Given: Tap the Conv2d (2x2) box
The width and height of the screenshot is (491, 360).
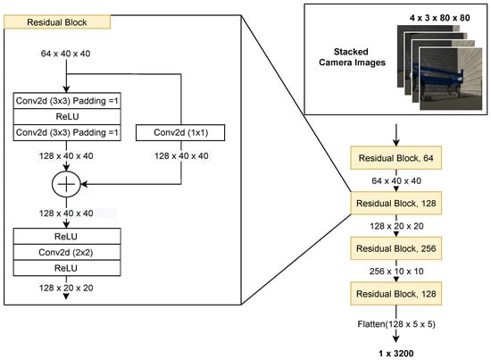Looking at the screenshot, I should click(66, 252).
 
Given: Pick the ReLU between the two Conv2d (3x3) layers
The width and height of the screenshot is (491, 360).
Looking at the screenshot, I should click(66, 116).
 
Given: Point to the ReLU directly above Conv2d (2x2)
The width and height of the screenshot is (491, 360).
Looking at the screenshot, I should click(66, 237).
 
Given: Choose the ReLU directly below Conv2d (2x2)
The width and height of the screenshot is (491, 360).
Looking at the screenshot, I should click(66, 267).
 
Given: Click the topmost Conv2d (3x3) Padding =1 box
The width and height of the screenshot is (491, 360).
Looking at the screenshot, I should click(66, 100).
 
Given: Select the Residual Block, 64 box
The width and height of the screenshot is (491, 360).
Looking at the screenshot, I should click(395, 158).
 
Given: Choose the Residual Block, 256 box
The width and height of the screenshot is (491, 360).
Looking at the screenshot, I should click(395, 247).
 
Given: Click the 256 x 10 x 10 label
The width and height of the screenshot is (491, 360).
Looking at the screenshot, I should click(395, 270).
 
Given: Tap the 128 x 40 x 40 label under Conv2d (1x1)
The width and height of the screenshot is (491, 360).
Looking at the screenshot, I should click(181, 156).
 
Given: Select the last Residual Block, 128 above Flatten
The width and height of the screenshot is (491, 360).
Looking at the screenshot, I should click(395, 292).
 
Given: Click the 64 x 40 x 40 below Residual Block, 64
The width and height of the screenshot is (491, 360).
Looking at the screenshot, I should click(395, 180).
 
